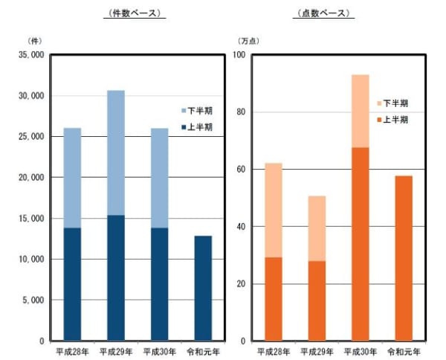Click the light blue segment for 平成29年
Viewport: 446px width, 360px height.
(x=116, y=152)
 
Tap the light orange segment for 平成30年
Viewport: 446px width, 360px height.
(x=361, y=111)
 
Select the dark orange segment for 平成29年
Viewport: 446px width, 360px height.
(x=317, y=300)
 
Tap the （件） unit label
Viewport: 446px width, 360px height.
(x=34, y=39)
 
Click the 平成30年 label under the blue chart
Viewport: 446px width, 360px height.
(x=159, y=351)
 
